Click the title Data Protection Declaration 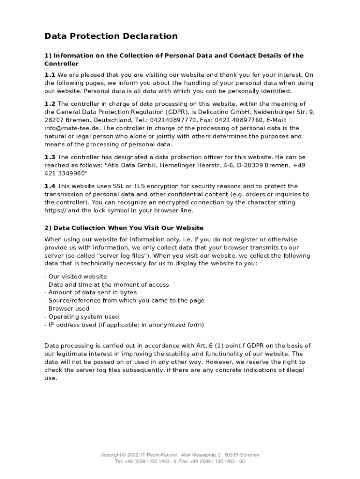click(x=111, y=36)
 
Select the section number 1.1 click(x=50, y=75)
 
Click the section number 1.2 click(x=50, y=104)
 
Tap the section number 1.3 click(x=50, y=157)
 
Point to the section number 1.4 click(x=50, y=186)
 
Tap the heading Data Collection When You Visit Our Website click(x=129, y=228)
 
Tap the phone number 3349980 click(x=71, y=174)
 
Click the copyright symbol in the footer click(x=123, y=455)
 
